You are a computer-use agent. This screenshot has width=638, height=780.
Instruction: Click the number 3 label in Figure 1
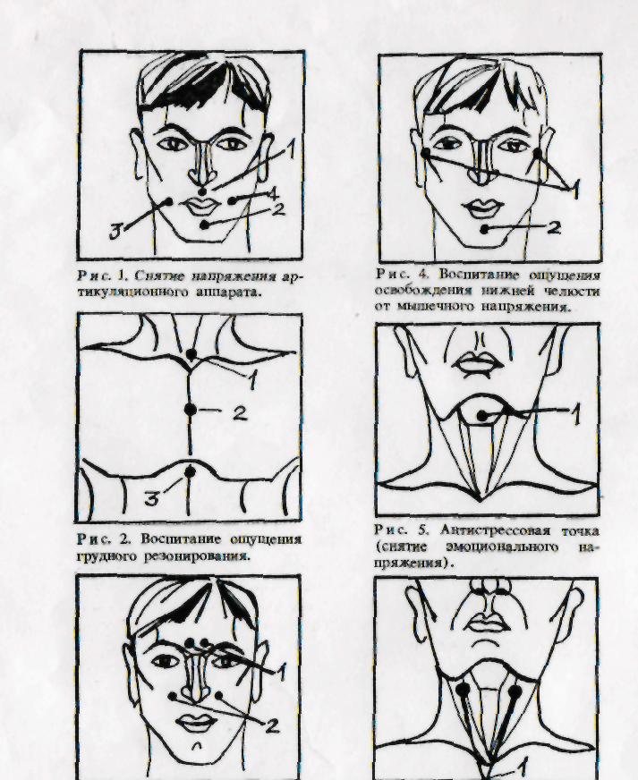click(x=116, y=233)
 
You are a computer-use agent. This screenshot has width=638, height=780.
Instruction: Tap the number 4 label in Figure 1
click(x=272, y=192)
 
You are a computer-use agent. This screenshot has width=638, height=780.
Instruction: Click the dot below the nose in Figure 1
click(x=202, y=191)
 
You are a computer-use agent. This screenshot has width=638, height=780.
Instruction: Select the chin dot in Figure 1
click(x=204, y=225)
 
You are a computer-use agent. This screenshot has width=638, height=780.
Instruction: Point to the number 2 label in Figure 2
click(x=240, y=413)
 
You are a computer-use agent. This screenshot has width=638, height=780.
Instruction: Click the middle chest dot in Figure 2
click(x=190, y=410)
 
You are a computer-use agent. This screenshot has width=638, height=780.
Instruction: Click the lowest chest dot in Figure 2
click(x=190, y=471)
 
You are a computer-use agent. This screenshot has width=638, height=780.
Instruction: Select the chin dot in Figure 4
click(x=485, y=229)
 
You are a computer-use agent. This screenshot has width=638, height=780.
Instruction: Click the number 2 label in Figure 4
click(x=553, y=228)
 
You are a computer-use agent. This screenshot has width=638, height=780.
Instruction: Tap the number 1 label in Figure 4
click(x=574, y=188)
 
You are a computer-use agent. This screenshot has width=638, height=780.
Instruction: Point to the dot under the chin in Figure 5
click(x=481, y=416)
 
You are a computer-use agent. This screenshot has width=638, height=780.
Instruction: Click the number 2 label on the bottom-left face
click(x=272, y=726)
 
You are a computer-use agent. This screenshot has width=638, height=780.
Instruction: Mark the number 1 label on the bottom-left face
click(x=282, y=672)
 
